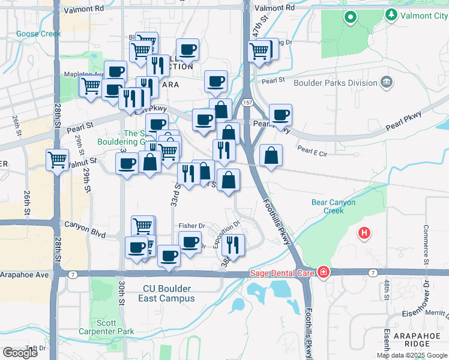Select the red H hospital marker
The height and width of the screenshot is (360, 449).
pos(364,233)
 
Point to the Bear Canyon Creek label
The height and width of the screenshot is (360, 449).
pos(333,206)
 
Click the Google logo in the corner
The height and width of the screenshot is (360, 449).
pos(20,353)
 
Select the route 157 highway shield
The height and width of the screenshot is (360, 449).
pos(247,103)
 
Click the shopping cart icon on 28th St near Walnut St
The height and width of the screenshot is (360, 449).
pos(58,160)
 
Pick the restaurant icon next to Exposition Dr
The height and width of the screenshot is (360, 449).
pos(233,244)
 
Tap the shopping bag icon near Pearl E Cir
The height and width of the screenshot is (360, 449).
pos(271,155)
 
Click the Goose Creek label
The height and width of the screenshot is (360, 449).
pos(38,34)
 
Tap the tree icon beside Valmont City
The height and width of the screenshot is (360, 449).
pos(392,14)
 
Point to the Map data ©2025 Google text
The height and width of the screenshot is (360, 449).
pos(412,355)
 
